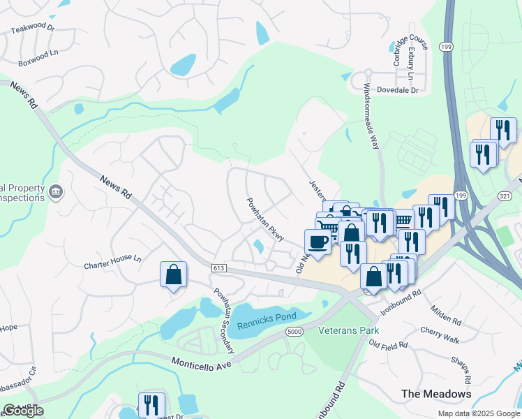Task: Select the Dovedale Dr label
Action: pyautogui.click(x=396, y=90)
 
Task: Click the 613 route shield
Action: pyautogui.click(x=218, y=269)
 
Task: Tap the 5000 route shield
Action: pyautogui.click(x=294, y=332)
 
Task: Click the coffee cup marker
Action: pyautogui.click(x=318, y=242)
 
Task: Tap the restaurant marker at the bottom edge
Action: pyautogui.click(x=151, y=405)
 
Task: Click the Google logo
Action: pyautogui.click(x=23, y=411)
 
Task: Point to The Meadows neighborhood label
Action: pyautogui.click(x=436, y=394)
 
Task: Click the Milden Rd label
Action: pyautogui.click(x=447, y=318)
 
